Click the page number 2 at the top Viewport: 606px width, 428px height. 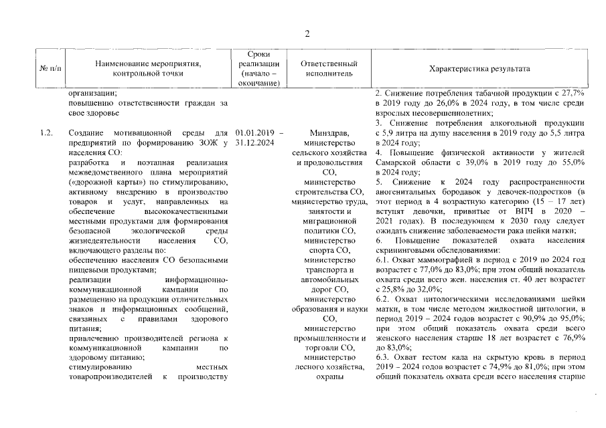(x=307, y=34)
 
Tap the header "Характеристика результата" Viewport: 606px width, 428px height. (x=479, y=68)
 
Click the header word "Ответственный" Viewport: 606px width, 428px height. (x=324, y=63)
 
